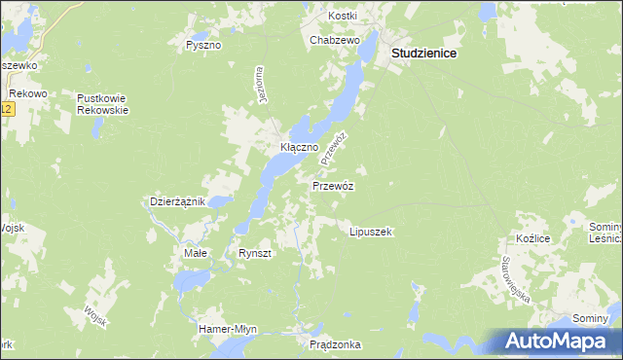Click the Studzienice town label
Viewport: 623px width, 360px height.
[424, 55]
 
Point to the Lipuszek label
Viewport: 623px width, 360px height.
[370, 233]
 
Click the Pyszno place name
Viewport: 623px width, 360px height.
[203, 45]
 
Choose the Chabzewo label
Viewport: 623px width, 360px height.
[335, 40]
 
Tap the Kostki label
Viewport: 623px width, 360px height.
[343, 16]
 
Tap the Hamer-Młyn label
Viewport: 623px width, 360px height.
[227, 328]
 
